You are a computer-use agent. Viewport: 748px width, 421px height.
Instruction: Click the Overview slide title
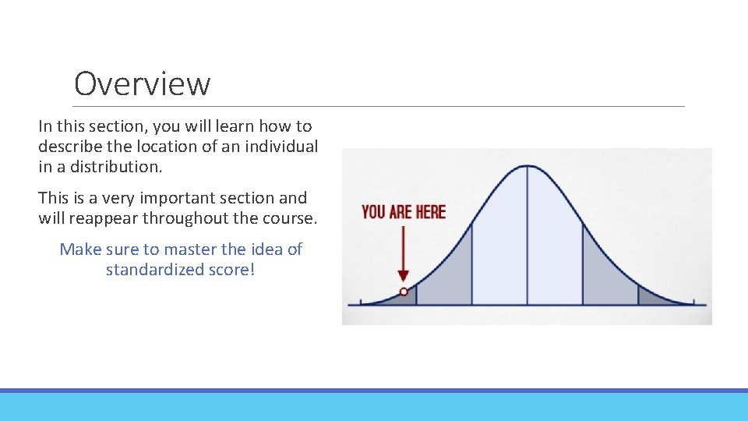coord(142,83)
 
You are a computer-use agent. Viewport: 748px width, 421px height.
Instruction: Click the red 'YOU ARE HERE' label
coord(404,211)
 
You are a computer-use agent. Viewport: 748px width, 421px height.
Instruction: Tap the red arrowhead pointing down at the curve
coord(403,276)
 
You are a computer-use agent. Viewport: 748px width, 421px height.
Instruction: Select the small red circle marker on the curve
coord(404,292)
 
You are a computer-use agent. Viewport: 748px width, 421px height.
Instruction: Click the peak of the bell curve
coord(527,166)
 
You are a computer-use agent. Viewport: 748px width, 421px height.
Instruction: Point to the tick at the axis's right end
coord(693,302)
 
